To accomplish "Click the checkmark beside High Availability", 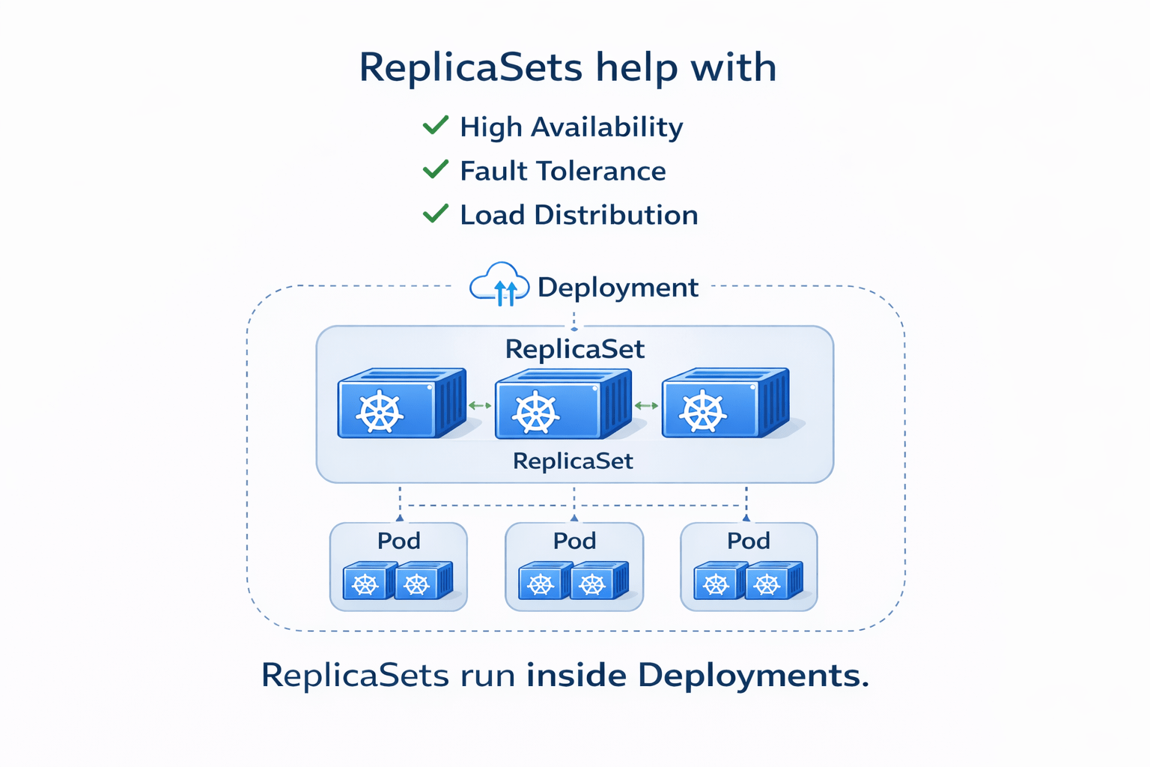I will pos(435,125).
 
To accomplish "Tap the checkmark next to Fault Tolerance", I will pos(435,169).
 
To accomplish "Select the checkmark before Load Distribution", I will pos(435,213).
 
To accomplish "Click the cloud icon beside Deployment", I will pos(499,285).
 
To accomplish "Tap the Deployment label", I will pos(618,288).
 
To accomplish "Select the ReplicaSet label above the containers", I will pos(574,349).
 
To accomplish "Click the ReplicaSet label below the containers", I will pos(573,461).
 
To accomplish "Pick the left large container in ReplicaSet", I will pos(401,404).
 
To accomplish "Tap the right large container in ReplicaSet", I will pos(725,404).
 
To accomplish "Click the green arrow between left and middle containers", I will pos(480,406).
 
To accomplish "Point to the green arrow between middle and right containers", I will pos(646,406).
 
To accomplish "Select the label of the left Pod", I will pos(398,541).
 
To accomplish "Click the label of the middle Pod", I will pos(574,541).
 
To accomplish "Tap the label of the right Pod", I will pos(749,541).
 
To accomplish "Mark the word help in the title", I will pos(637,67).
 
